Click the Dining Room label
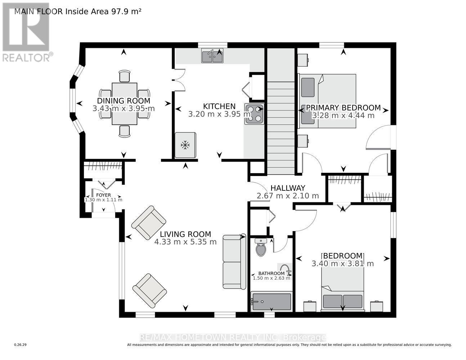click(124, 101)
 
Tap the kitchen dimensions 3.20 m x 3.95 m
click(219, 114)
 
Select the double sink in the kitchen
click(212, 56)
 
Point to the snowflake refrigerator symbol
click(185, 145)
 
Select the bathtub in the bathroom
click(271, 301)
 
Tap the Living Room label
click(185, 234)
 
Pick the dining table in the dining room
click(124, 104)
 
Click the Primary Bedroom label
click(343, 108)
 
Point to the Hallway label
click(288, 188)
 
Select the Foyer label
click(103, 195)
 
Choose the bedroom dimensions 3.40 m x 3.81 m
click(342, 264)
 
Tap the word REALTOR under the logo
click(26, 57)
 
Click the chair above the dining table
click(124, 76)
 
